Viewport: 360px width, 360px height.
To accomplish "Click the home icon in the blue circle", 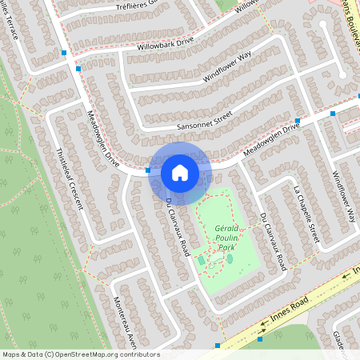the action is point(180,172).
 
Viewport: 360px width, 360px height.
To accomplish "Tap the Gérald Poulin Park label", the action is point(229,238).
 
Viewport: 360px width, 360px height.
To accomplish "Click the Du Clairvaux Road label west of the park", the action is point(176,222).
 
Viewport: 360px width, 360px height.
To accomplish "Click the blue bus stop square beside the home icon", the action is point(148,170).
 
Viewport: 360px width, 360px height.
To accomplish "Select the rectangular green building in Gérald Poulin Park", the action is point(201,260).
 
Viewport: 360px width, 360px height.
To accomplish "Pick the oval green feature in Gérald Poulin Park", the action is point(230,258).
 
